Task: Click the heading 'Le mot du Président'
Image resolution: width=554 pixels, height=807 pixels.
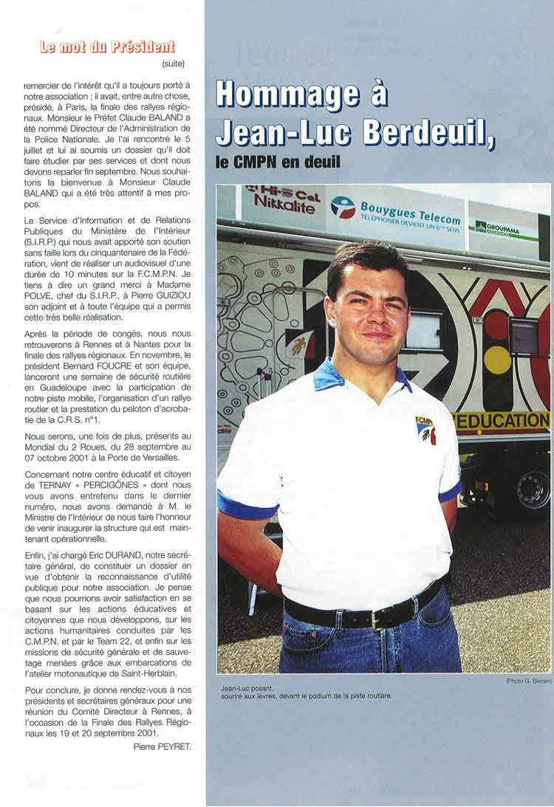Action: point(107,48)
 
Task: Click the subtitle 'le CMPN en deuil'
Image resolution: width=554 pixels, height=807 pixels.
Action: point(278,160)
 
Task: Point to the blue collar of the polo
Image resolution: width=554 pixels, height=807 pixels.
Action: point(328,375)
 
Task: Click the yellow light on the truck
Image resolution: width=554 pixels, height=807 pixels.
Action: point(497,360)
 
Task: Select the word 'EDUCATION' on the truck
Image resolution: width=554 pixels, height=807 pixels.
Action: point(502,421)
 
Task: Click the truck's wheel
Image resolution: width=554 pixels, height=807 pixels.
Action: point(533,490)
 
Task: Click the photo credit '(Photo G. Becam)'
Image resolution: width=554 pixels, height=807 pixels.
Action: point(528,680)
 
